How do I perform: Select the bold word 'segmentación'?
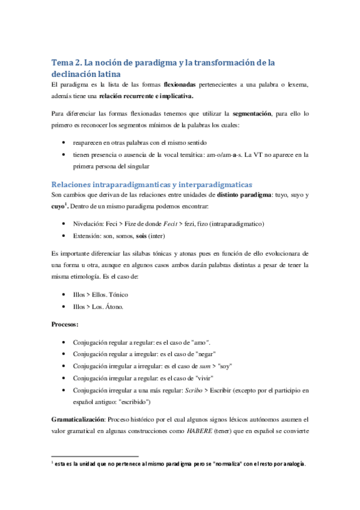[x=272, y=112]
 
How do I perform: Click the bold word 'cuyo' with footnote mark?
[x=59, y=206]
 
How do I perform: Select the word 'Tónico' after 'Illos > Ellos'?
[x=117, y=295]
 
